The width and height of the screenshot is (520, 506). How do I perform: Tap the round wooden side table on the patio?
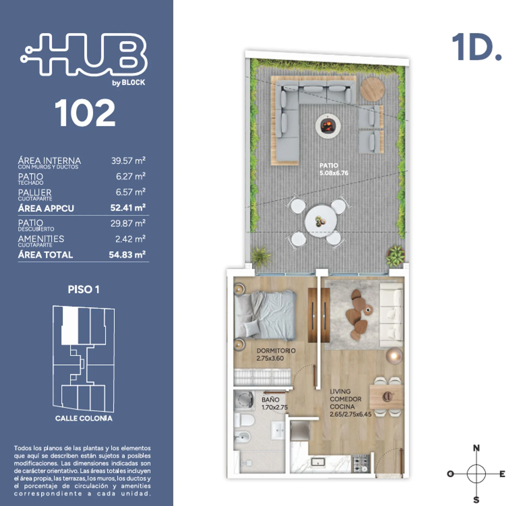372,89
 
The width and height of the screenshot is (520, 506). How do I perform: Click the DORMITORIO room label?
276,351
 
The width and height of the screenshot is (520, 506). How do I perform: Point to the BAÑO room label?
270,400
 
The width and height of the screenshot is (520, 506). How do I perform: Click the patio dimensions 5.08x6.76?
334,173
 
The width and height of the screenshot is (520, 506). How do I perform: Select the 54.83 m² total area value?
127,255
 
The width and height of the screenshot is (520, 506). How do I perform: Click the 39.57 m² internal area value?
128,161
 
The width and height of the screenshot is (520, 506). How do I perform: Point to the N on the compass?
476,448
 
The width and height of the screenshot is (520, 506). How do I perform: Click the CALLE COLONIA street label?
84,418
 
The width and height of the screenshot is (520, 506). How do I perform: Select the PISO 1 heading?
84,290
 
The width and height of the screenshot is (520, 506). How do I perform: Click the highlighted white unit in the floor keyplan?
70,326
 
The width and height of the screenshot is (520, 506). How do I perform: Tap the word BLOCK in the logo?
133,82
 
